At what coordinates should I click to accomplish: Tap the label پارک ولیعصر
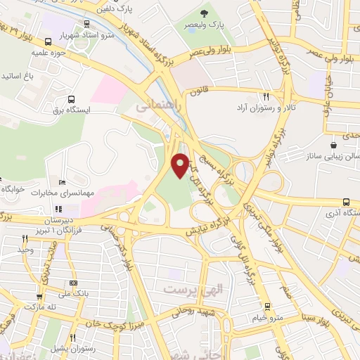click(205, 24)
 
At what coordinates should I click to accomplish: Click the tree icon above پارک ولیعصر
click(205, 13)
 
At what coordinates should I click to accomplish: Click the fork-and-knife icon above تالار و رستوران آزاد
click(266, 97)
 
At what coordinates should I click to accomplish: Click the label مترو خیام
click(267, 317)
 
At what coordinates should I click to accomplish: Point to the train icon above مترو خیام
click(266, 307)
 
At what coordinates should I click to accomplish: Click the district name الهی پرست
click(188, 289)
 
